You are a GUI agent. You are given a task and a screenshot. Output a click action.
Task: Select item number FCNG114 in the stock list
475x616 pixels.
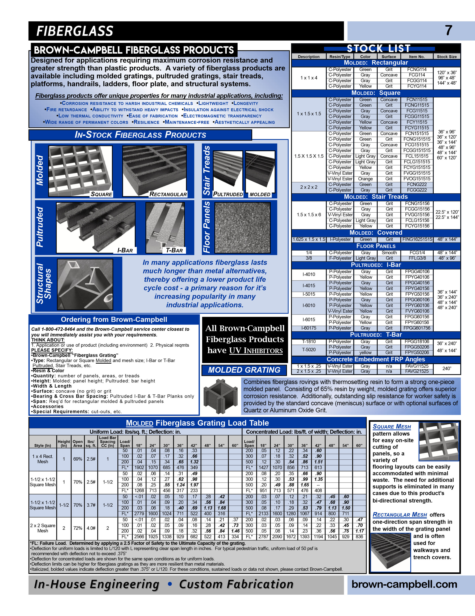(417, 69)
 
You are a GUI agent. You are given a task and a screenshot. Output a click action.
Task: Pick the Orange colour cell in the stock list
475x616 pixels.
(365, 179)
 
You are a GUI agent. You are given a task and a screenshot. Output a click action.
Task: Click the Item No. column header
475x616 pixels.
(417, 57)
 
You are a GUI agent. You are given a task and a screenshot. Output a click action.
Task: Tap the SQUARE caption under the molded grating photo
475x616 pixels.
(101, 194)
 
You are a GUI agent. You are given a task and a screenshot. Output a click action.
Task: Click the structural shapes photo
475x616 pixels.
(85, 284)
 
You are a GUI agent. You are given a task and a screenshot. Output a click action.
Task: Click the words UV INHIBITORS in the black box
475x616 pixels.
(256, 351)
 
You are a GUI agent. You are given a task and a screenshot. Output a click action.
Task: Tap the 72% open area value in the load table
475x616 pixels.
(78, 528)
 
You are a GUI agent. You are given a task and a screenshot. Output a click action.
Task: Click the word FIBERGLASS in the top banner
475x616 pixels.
(75, 31)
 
